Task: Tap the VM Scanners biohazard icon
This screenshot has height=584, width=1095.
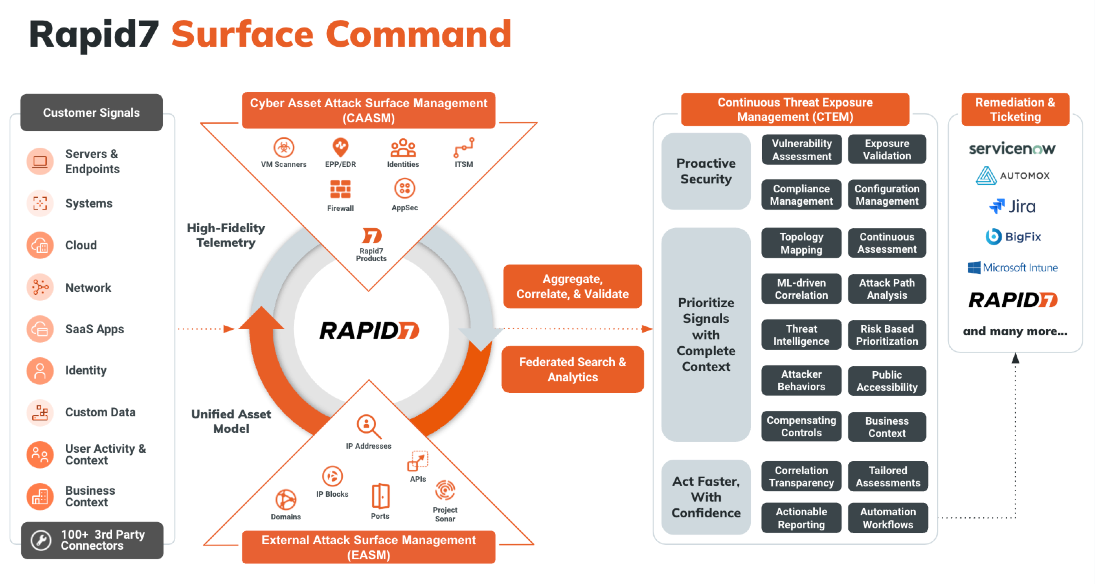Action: coord(283,147)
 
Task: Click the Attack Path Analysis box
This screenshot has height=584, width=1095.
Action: coord(887,289)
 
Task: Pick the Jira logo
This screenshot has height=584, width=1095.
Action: coord(1012,206)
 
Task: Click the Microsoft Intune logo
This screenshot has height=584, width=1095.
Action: coord(1012,267)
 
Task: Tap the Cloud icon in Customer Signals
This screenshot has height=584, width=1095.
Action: coord(40,245)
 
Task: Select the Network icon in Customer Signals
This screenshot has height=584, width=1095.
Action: coord(40,287)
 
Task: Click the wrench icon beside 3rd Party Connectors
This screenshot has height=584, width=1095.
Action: coord(41,540)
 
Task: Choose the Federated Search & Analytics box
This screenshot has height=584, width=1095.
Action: coord(572,369)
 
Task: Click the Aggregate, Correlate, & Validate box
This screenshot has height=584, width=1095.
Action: coord(572,287)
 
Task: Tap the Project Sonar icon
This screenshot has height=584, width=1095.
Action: coord(445,491)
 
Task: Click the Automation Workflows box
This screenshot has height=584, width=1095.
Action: coord(888,518)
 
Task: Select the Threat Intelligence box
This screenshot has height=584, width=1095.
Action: coord(801,335)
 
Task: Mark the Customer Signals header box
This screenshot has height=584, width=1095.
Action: coord(91,113)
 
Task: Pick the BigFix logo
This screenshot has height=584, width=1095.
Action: coord(1012,237)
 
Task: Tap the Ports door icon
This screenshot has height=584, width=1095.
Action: coord(380,496)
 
